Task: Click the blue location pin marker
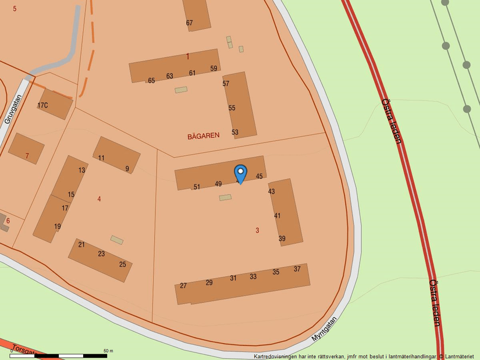click(x=240, y=173)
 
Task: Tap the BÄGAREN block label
click(x=204, y=136)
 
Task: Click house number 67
click(x=189, y=23)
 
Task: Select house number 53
click(x=235, y=132)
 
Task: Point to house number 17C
click(x=42, y=105)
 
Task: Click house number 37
click(x=297, y=269)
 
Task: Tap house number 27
click(x=183, y=286)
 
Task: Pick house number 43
click(x=271, y=191)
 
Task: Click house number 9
click(x=127, y=169)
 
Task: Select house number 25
click(x=123, y=264)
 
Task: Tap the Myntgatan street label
click(x=324, y=329)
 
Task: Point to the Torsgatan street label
click(x=23, y=350)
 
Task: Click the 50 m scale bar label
click(x=108, y=351)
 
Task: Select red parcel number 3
click(x=257, y=230)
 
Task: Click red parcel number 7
click(x=27, y=156)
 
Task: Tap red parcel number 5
click(x=15, y=9)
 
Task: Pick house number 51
click(x=197, y=187)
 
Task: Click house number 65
click(x=151, y=80)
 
